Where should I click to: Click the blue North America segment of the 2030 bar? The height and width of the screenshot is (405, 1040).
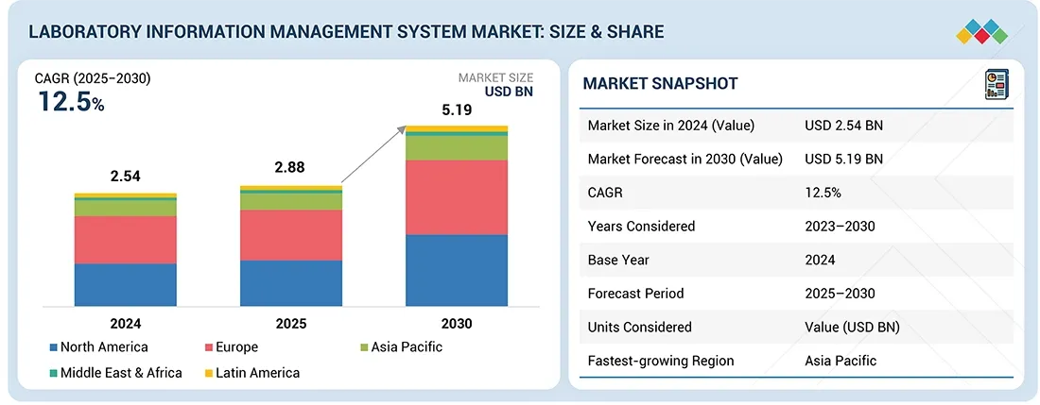click(x=457, y=270)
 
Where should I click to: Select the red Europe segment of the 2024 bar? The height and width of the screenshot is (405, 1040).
click(x=126, y=240)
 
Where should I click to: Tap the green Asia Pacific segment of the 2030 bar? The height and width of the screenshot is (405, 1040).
click(x=457, y=147)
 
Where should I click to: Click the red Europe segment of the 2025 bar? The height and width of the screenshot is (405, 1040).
click(x=291, y=235)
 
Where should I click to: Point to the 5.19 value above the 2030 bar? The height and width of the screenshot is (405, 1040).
click(x=457, y=110)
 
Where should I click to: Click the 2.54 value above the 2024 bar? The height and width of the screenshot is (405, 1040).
click(x=126, y=177)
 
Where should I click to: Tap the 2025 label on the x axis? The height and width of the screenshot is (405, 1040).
click(x=291, y=324)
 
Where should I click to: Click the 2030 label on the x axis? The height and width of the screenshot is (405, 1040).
click(x=457, y=324)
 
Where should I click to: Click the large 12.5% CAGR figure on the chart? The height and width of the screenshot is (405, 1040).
click(x=71, y=102)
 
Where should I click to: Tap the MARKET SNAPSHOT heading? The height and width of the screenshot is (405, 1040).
click(x=660, y=83)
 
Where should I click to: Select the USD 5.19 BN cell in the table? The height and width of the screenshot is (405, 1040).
click(x=843, y=159)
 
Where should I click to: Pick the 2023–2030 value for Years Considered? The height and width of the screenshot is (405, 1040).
click(x=840, y=226)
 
